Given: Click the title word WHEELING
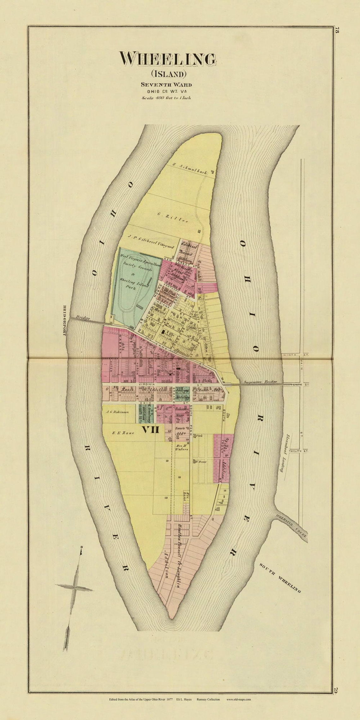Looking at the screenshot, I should (x=168, y=59).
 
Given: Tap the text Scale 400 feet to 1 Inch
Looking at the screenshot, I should (x=166, y=98).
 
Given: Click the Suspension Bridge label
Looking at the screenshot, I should (x=260, y=382).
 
